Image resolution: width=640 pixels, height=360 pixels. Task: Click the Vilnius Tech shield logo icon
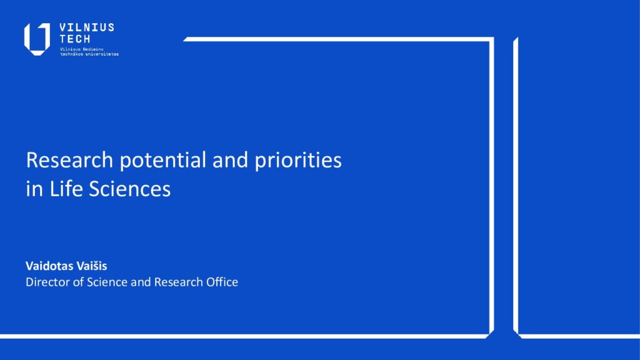(37, 39)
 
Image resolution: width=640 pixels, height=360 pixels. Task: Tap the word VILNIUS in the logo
(87, 27)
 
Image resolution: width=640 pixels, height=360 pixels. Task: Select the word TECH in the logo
(75, 39)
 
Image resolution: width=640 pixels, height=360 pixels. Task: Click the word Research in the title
(69, 159)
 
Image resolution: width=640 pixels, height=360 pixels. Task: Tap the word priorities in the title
(298, 161)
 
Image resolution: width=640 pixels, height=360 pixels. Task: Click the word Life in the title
(66, 189)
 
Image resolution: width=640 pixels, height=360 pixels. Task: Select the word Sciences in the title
(130, 189)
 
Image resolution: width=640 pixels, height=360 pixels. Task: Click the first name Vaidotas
(49, 266)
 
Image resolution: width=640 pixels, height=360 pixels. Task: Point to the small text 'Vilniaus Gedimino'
(82, 49)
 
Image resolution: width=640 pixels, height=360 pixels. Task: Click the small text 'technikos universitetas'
(89, 54)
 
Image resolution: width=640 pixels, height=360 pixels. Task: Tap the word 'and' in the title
(230, 159)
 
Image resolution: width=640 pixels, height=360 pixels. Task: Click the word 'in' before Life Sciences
(35, 189)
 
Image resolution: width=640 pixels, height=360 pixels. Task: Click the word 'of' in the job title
(78, 282)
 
